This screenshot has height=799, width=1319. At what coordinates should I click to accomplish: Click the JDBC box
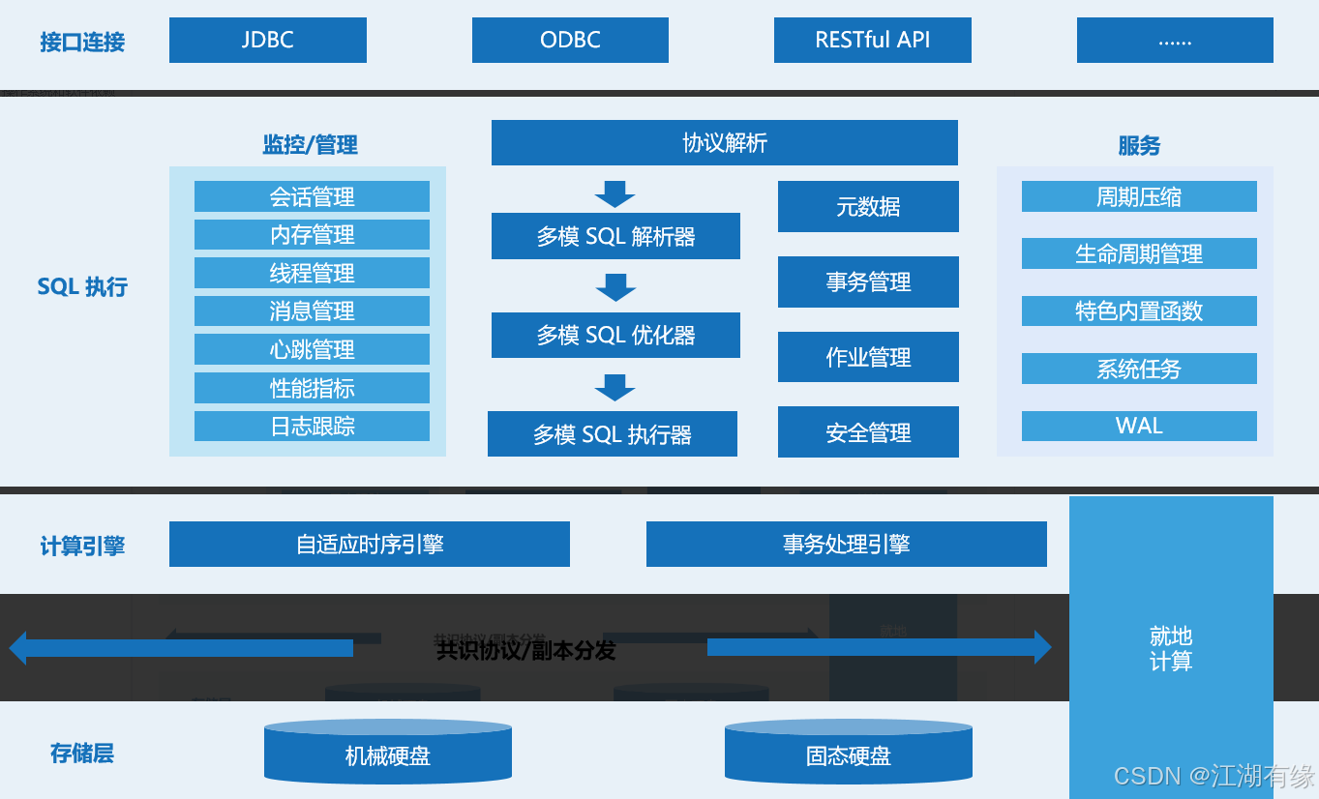click(267, 41)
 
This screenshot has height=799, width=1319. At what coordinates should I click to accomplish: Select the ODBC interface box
click(570, 41)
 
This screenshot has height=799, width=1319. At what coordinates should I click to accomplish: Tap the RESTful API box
click(872, 41)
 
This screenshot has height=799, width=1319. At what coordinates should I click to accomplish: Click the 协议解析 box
click(724, 143)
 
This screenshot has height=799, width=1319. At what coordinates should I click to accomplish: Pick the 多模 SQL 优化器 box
click(615, 335)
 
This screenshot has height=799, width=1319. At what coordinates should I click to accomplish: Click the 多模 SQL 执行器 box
click(612, 434)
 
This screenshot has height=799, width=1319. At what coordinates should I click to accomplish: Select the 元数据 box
click(868, 206)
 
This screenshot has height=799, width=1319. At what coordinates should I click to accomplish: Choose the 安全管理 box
click(868, 432)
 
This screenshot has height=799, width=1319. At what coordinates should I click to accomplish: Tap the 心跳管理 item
click(312, 349)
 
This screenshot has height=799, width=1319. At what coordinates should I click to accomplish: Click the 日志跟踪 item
click(312, 426)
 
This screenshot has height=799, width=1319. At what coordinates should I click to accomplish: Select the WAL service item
click(1139, 426)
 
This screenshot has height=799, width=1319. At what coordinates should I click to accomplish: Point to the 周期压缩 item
click(1139, 196)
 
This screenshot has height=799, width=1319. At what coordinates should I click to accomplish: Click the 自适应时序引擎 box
click(369, 544)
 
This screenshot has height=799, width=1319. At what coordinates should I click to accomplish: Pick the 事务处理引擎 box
click(846, 544)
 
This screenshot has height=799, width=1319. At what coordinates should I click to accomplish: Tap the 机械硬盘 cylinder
click(387, 755)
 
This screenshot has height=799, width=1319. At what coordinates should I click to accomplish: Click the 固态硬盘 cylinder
click(848, 755)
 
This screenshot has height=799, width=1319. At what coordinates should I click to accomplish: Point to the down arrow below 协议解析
click(615, 193)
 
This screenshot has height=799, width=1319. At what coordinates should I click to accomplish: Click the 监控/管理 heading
click(310, 145)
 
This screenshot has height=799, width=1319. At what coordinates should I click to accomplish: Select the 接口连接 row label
click(82, 42)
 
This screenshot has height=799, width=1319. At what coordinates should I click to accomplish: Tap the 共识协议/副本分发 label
click(525, 650)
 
